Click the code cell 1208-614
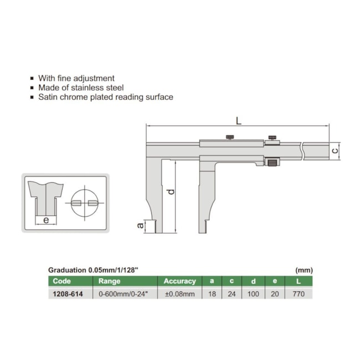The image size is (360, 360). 68,294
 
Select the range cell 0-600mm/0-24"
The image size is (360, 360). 124,294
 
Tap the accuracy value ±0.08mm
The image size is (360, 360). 180,294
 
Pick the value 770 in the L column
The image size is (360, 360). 299,294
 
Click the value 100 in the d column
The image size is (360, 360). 253,294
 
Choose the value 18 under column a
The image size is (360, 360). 212,294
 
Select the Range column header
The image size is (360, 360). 109,281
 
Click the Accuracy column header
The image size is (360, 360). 180,281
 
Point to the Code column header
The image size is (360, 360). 62,281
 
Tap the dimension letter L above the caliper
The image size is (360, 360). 239,121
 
